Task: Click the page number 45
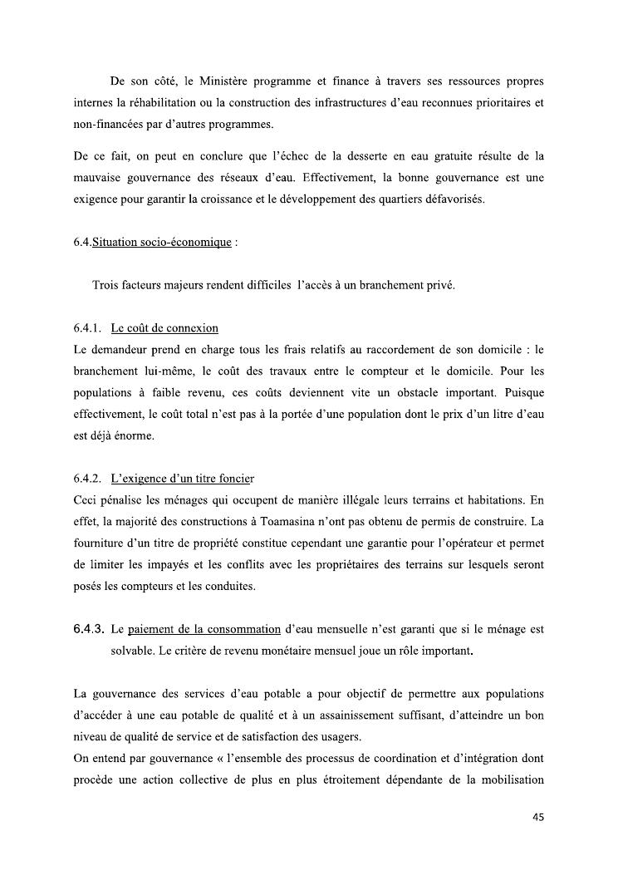537,817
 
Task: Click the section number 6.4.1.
87,328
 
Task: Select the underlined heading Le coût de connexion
164,328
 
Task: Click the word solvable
133,651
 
